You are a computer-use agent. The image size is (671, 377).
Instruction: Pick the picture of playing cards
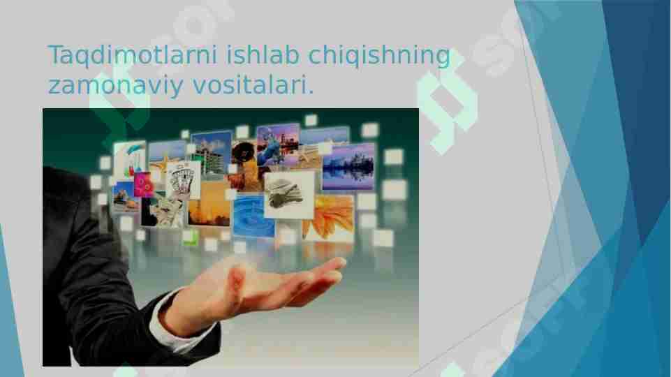(184, 180)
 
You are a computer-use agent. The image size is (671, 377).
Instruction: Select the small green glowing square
(189, 237)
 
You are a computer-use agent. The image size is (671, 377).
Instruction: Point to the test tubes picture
(131, 158)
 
